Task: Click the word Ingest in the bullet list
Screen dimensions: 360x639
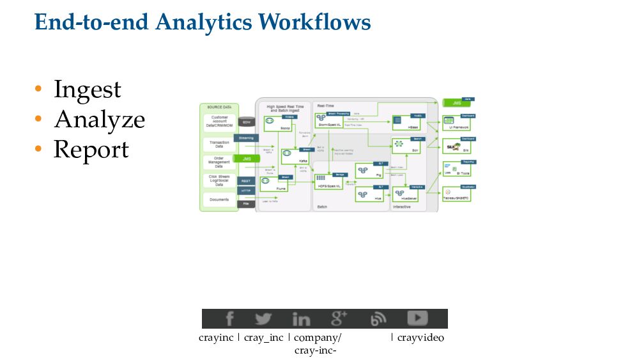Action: click(87, 90)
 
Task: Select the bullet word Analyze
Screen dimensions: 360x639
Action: click(99, 120)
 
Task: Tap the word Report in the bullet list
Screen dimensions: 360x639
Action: click(91, 149)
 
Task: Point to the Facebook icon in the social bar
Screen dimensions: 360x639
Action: click(229, 318)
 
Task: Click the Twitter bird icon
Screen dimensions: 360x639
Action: click(263, 318)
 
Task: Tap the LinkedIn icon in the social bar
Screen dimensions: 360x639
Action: click(301, 318)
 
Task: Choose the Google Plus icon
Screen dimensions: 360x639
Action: click(339, 318)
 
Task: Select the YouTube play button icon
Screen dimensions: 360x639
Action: click(417, 318)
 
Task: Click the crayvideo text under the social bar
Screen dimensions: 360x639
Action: click(420, 338)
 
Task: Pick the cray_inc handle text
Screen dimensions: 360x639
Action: click(263, 338)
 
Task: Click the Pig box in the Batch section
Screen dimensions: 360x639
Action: click(370, 171)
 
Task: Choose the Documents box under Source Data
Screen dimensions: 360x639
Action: click(219, 200)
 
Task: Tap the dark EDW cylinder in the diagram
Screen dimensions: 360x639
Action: click(246, 121)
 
